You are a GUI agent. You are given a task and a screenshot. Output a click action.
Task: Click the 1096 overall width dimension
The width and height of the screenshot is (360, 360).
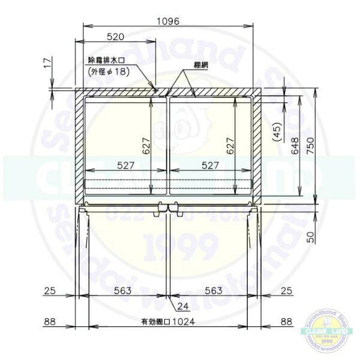(x=167, y=20)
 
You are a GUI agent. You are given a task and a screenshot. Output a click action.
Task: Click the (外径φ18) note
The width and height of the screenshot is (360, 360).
(x=109, y=71)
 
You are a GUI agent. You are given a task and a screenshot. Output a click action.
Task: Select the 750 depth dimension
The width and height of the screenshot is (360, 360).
(x=311, y=147)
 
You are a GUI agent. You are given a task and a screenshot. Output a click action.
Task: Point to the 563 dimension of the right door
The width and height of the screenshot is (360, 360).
(x=213, y=290)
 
